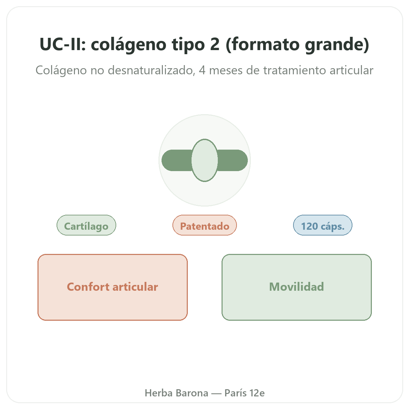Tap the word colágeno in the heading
[128, 45]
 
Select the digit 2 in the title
[215, 44]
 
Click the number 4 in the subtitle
[202, 71]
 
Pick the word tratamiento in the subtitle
[294, 70]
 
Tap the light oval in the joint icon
[204, 160]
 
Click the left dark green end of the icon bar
[177, 160]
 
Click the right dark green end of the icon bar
[233, 160]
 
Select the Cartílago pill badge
[86, 225]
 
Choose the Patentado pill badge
[204, 225]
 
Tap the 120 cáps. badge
[323, 225]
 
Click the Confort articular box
[112, 287]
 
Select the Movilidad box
[297, 287]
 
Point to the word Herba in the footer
[158, 393]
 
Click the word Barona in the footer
[192, 393]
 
